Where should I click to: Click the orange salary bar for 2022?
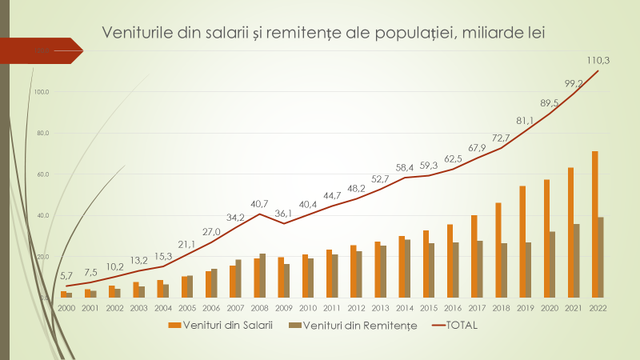tap(595, 224)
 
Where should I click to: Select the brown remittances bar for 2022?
tap(601, 257)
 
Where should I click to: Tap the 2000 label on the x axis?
tap(66, 306)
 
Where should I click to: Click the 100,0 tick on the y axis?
tap(42, 92)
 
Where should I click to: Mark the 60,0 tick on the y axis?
tap(42, 174)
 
